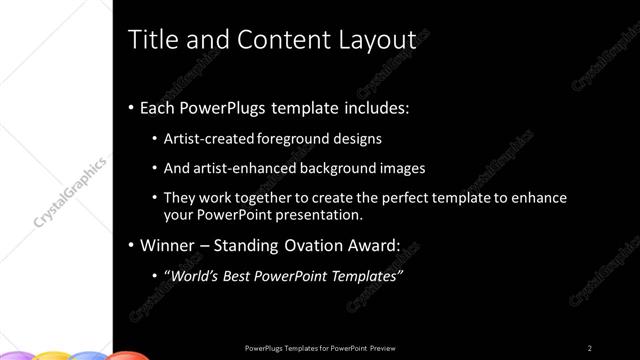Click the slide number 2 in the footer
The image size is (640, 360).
click(590, 347)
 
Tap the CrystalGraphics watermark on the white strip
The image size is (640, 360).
click(71, 189)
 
